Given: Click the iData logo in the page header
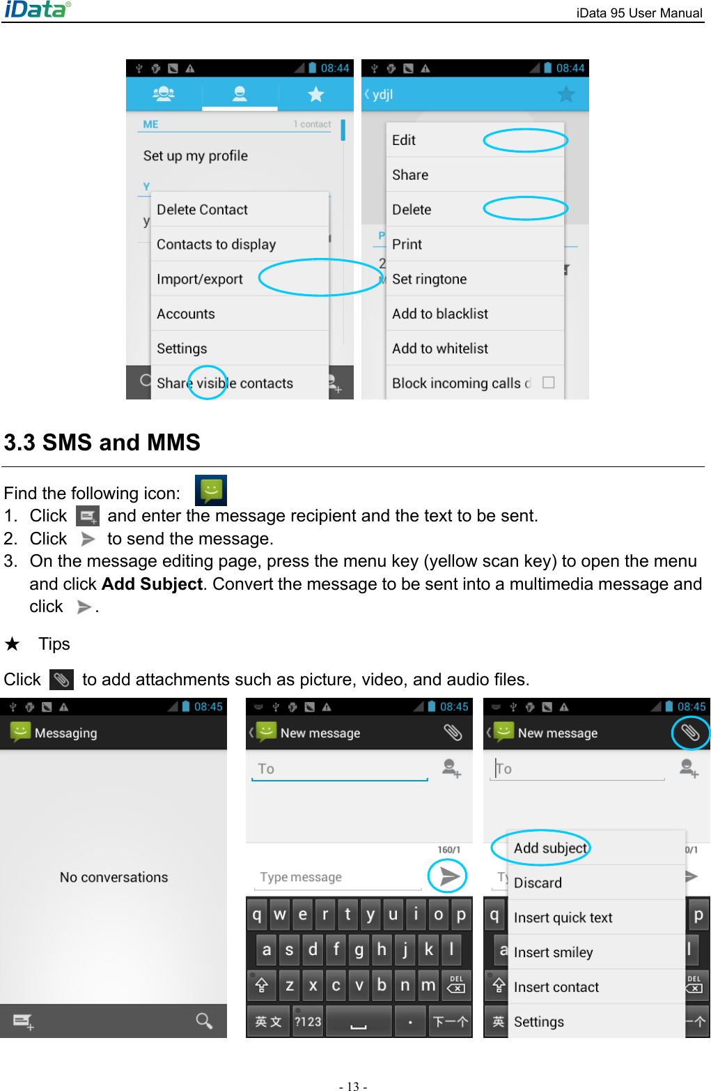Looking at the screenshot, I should [x=37, y=9].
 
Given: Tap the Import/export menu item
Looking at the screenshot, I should [x=200, y=280].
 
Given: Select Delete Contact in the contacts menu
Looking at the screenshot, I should [x=202, y=210].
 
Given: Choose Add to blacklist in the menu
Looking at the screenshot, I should [x=440, y=314].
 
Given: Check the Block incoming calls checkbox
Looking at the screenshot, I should [x=548, y=383].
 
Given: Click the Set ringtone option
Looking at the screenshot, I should [x=429, y=280].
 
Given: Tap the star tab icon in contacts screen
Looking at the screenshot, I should [x=315, y=94].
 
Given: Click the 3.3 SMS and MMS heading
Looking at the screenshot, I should [x=102, y=443].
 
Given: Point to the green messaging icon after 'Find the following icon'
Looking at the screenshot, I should [x=210, y=491].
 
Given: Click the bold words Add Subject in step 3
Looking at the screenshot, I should [x=152, y=584].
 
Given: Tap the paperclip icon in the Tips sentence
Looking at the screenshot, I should [x=61, y=680].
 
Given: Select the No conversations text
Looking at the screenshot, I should [x=114, y=878].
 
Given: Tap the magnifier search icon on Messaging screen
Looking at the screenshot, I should [x=204, y=1021].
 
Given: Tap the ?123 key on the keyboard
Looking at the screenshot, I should [x=308, y=1021].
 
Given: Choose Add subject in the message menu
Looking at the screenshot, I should [x=550, y=848].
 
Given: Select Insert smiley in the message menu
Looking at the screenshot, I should [x=553, y=952].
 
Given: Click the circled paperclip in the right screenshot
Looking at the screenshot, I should [x=689, y=733].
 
